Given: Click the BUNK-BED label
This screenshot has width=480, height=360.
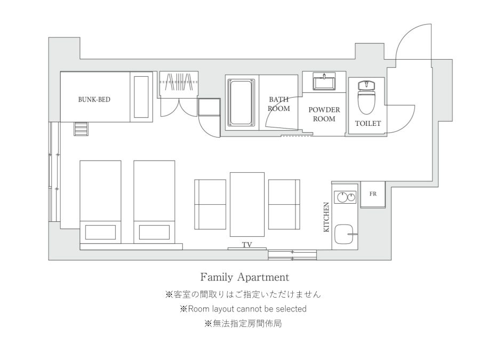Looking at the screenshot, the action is click(x=94, y=100).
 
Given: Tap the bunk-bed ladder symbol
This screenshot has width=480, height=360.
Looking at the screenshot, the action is click(x=81, y=129).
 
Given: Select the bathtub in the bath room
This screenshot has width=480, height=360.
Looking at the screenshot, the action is click(x=242, y=102).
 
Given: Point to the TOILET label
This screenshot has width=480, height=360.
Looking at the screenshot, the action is click(x=368, y=123).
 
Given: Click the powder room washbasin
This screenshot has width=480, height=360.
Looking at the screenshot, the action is click(x=324, y=82).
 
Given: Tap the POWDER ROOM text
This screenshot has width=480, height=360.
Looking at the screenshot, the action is click(x=324, y=114).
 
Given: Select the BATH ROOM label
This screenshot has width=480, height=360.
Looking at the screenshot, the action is click(x=279, y=104).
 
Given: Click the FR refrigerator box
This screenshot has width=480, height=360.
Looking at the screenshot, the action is click(x=373, y=194).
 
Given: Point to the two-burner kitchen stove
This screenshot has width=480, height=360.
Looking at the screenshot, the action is click(x=345, y=197).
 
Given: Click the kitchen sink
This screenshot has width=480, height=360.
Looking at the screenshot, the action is click(x=345, y=234).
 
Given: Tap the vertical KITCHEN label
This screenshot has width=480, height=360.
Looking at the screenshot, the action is click(x=326, y=217).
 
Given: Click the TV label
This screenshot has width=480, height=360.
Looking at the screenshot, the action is click(x=247, y=245).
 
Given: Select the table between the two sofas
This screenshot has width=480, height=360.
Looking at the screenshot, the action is click(x=247, y=204).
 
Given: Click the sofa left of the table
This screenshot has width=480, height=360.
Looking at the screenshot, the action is click(x=210, y=204).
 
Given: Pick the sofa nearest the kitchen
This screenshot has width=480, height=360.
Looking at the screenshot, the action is click(x=284, y=204).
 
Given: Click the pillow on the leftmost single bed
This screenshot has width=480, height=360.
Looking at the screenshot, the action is click(x=100, y=233).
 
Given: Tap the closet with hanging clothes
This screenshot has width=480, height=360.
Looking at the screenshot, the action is click(x=179, y=85).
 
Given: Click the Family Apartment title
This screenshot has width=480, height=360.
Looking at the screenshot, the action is click(x=245, y=277).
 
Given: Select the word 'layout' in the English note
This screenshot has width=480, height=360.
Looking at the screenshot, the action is click(x=222, y=309).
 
